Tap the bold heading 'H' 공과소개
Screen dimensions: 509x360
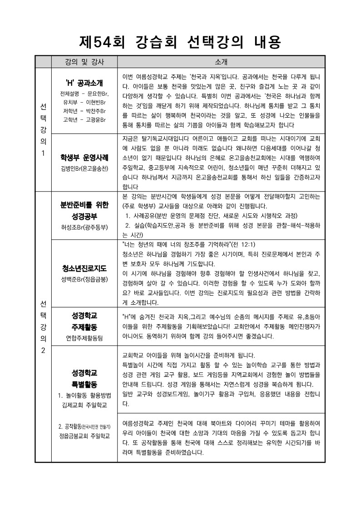(84, 83)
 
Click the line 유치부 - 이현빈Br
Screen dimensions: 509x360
(84, 102)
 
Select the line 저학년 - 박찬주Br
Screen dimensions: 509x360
(84, 111)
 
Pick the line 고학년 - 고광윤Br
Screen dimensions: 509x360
(84, 119)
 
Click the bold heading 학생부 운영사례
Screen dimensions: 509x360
(84, 158)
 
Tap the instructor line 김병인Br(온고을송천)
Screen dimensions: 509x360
(84, 169)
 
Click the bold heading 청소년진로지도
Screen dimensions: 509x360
(84, 268)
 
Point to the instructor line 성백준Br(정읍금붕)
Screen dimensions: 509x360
(84, 278)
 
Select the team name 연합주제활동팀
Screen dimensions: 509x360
(84, 337)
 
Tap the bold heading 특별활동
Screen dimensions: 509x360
(84, 384)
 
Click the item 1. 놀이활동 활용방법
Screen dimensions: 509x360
(84, 395)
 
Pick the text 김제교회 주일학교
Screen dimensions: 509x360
(84, 404)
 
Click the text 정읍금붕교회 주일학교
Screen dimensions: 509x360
(84, 436)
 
